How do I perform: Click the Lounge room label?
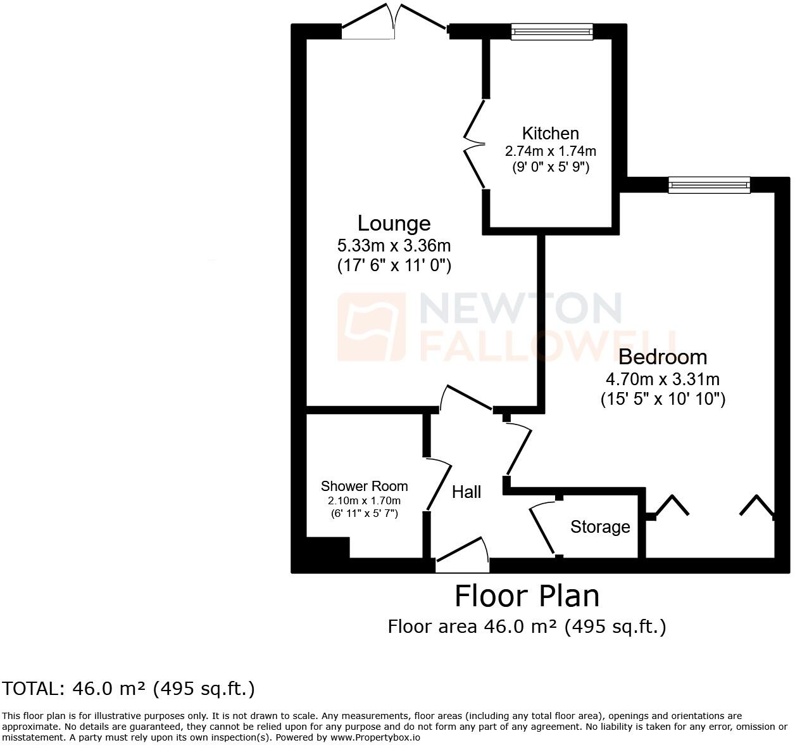(x=394, y=223)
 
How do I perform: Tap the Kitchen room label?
(x=551, y=133)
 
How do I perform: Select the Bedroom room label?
(x=663, y=357)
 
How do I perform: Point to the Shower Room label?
(x=365, y=486)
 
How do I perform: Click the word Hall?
(x=466, y=492)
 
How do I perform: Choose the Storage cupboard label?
(x=600, y=527)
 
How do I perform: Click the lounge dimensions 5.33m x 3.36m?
(x=394, y=245)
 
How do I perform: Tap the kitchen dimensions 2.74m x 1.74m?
(x=551, y=151)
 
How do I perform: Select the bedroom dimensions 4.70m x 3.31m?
(x=663, y=379)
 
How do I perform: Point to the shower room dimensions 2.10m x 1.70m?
(x=365, y=500)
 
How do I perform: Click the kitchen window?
(x=552, y=32)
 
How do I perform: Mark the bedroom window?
(x=710, y=185)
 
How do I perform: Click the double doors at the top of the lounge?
(x=394, y=22)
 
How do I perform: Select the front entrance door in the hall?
(x=462, y=555)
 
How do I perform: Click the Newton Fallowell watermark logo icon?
(x=372, y=327)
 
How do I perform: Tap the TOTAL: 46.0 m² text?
(x=128, y=689)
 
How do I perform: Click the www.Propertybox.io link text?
(x=375, y=737)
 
